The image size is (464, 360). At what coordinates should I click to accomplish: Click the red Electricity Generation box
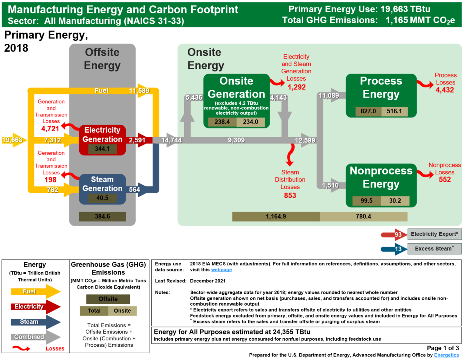(x=102, y=135)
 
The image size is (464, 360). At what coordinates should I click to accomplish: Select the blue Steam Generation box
(x=102, y=184)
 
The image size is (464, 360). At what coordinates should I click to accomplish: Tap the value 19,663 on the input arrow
(x=12, y=140)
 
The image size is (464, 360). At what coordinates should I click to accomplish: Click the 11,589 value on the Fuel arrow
(x=139, y=91)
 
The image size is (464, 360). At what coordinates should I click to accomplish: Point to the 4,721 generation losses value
(x=50, y=129)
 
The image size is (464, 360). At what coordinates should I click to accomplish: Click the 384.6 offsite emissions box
(x=102, y=216)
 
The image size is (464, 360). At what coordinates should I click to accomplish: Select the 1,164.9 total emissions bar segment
(x=276, y=216)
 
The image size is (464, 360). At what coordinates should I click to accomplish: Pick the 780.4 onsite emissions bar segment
(x=363, y=216)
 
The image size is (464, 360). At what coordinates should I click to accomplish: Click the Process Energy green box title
(x=381, y=88)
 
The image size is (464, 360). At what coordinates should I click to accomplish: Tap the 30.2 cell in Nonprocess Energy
(x=395, y=201)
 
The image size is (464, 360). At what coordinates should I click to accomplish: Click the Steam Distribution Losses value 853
(x=290, y=195)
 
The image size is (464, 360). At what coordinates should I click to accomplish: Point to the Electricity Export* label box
(x=434, y=234)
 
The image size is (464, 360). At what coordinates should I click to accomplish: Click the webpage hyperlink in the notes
(x=221, y=270)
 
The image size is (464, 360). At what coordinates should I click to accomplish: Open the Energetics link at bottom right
(x=446, y=355)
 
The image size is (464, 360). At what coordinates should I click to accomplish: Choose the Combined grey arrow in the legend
(x=35, y=337)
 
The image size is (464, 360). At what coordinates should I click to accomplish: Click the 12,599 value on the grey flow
(x=305, y=140)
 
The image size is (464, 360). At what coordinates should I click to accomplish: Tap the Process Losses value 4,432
(x=445, y=90)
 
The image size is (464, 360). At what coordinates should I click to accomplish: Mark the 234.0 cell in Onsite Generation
(x=250, y=122)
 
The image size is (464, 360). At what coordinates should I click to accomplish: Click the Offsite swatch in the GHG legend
(x=108, y=299)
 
